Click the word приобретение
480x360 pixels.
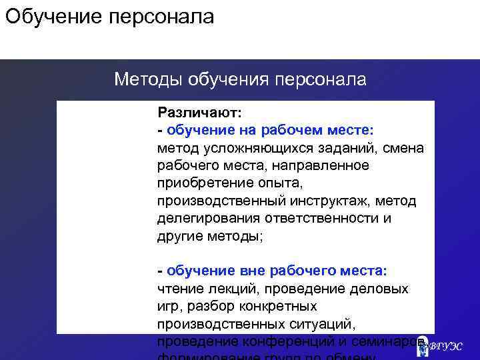199,183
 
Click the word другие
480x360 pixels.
179,236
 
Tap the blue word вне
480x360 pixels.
246,271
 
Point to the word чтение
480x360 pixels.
179,289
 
